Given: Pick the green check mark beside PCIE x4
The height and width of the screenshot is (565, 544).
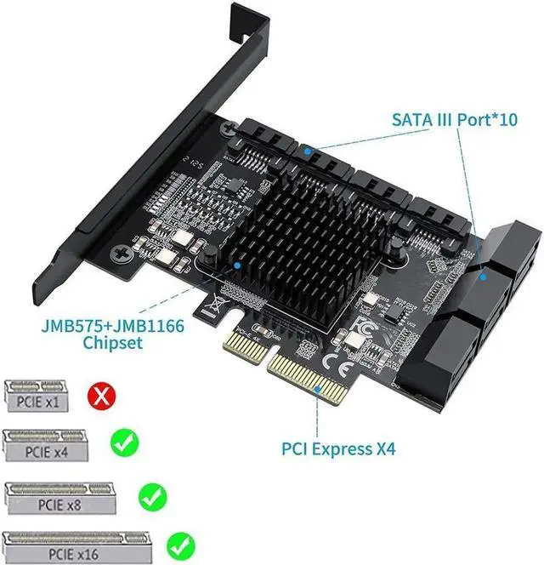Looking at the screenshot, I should tap(124, 442).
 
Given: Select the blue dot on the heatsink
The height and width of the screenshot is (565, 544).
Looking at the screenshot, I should tap(246, 265).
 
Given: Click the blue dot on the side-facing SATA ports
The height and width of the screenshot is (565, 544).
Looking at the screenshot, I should tap(483, 275).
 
